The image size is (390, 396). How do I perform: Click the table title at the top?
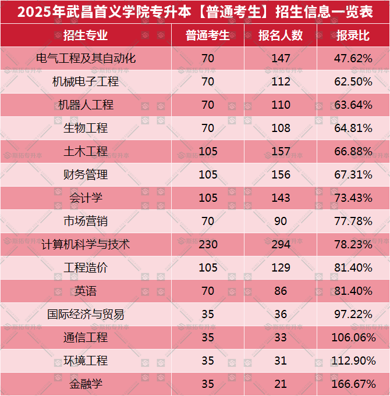pyautogui.click(x=195, y=12)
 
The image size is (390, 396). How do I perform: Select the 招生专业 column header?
pyautogui.click(x=86, y=35)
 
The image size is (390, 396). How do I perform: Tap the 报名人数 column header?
pyautogui.click(x=281, y=35)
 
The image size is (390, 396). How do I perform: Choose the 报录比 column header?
pyautogui.click(x=353, y=35)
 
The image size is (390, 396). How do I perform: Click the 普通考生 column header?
pyautogui.click(x=208, y=35)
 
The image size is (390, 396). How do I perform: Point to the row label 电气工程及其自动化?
pyautogui.click(x=86, y=58)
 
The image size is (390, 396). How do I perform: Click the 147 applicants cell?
pyautogui.click(x=281, y=58)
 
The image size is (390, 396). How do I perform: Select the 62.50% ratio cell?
pyautogui.click(x=353, y=81)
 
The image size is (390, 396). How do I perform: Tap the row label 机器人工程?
pyautogui.click(x=86, y=105)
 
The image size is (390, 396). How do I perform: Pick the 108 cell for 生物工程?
pyautogui.click(x=281, y=128)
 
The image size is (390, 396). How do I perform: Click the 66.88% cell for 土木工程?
pyautogui.click(x=353, y=151)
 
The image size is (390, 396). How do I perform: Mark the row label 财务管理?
pyautogui.click(x=86, y=174)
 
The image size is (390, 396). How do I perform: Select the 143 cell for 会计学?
pyautogui.click(x=281, y=198)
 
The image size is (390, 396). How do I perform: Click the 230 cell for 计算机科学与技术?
pyautogui.click(x=208, y=244)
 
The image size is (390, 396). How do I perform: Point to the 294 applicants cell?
pyautogui.click(x=281, y=244)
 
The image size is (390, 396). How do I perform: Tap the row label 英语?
pyautogui.click(x=86, y=291)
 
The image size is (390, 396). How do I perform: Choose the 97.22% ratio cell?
pyautogui.click(x=353, y=314)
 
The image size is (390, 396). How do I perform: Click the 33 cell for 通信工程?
pyautogui.click(x=281, y=337)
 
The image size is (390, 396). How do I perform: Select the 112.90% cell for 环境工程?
pyautogui.click(x=353, y=361)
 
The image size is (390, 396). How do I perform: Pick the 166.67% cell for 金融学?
pyautogui.click(x=353, y=384)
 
